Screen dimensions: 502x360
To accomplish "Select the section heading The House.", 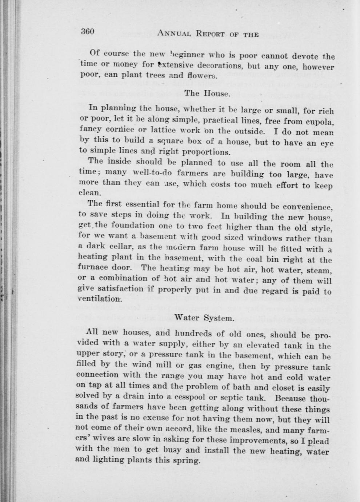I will (207, 93).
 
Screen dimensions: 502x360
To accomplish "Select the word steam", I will (319, 271).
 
